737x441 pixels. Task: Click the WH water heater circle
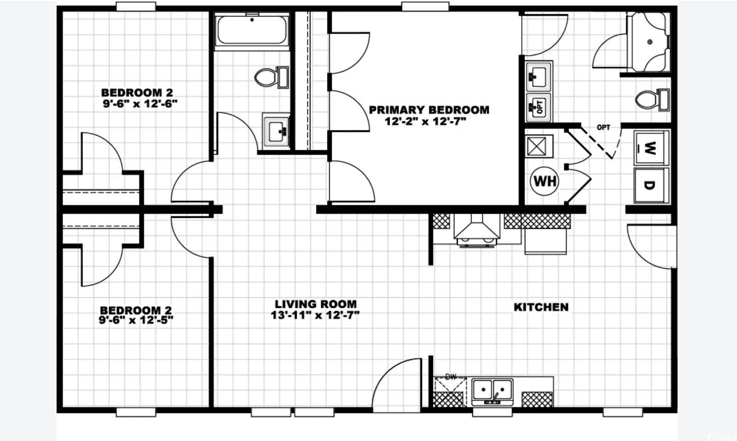[x=545, y=181]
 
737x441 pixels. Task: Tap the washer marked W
[x=651, y=148]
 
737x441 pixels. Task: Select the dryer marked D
[x=651, y=185]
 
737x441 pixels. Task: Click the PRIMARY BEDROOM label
[x=429, y=110]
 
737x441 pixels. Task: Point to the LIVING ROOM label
[x=316, y=304]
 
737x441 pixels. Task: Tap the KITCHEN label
[x=541, y=307]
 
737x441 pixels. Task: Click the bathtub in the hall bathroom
[x=252, y=31]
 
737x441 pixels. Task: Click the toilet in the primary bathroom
[x=652, y=100]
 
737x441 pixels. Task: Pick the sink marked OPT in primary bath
[x=539, y=107]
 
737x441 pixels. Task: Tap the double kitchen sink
[x=492, y=392]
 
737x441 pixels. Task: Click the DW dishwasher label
[x=450, y=377]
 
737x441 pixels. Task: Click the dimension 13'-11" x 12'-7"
[x=315, y=315]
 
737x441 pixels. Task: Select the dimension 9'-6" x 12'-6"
[x=140, y=104]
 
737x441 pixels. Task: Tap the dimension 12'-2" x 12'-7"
[x=426, y=122]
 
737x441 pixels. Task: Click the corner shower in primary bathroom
[x=649, y=42]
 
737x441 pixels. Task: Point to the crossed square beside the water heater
[x=538, y=146]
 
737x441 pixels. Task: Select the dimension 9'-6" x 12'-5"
[x=136, y=320]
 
